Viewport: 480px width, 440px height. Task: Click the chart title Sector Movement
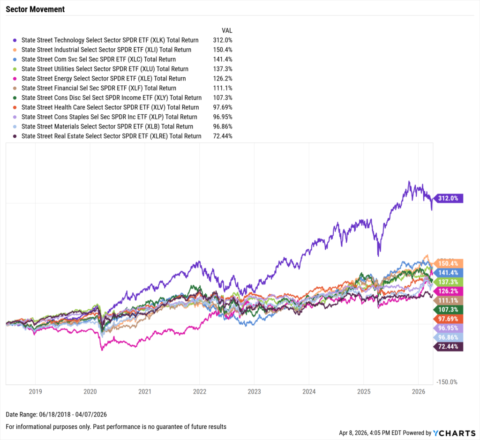click(35, 9)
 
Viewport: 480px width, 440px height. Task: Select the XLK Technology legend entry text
click(110, 40)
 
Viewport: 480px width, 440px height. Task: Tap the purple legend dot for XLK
click(15, 40)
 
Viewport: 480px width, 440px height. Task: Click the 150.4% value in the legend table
click(223, 50)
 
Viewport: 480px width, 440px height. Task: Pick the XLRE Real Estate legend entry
click(111, 136)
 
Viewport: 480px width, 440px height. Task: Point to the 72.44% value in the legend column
click(223, 136)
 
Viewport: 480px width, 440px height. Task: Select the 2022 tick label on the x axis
click(200, 391)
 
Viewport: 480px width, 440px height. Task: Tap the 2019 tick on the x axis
click(35, 391)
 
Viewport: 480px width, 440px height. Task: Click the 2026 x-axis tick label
click(419, 391)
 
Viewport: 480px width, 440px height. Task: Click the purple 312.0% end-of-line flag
click(449, 198)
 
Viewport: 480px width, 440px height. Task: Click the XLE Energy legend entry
click(104, 79)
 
